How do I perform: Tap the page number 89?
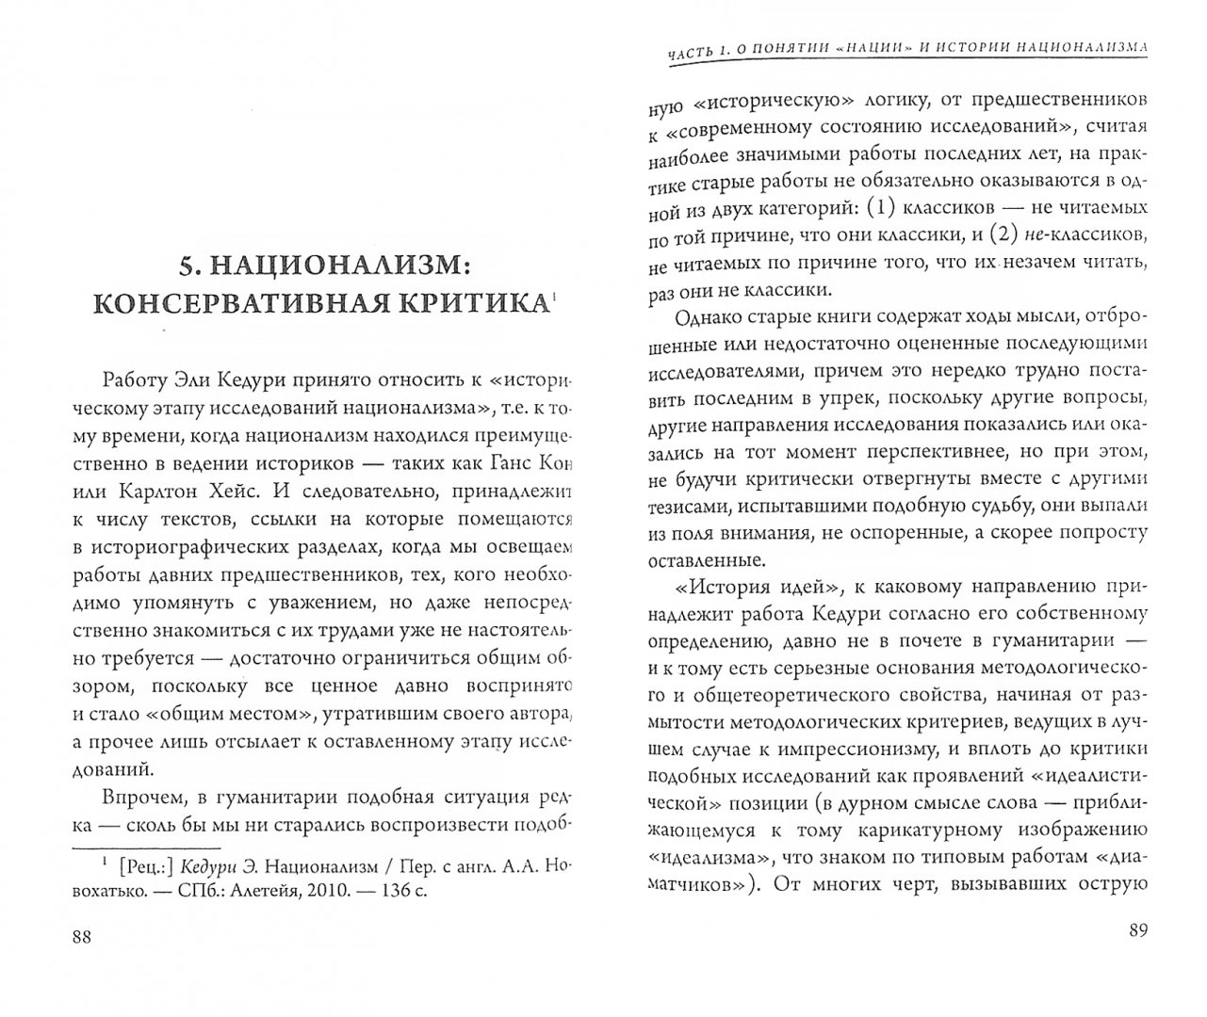pyautogui.click(x=1138, y=932)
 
